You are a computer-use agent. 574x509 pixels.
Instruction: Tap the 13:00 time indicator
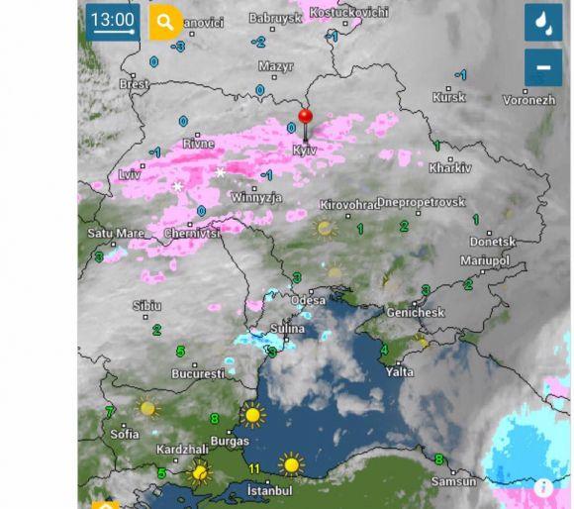pyautogui.click(x=111, y=21)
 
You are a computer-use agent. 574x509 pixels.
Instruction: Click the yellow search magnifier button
pyautogui.click(x=165, y=22)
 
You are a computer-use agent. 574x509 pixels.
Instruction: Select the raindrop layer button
pyautogui.click(x=543, y=22)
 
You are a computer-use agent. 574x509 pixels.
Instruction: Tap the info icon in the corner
pyautogui.click(x=543, y=487)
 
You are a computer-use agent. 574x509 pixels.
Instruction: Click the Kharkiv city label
pyautogui.click(x=450, y=168)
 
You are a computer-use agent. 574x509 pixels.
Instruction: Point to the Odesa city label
pyautogui.click(x=308, y=300)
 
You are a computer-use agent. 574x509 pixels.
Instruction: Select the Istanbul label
pyautogui.click(x=269, y=490)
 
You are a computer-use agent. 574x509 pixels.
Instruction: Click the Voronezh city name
pyautogui.click(x=528, y=100)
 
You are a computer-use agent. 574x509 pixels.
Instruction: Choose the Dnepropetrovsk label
pyautogui.click(x=421, y=202)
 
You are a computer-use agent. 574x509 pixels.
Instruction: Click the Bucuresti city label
pyautogui.click(x=199, y=375)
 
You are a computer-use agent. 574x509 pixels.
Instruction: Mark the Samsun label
pyautogui.click(x=453, y=482)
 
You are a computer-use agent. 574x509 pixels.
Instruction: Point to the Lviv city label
pyautogui.click(x=130, y=174)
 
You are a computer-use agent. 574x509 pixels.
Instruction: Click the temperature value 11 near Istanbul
pyautogui.click(x=254, y=468)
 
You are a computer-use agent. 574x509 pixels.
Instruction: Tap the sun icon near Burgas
pyautogui.click(x=253, y=414)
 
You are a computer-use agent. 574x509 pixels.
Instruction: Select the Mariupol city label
pyautogui.click(x=485, y=260)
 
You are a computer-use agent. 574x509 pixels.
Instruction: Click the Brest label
pyautogui.click(x=134, y=85)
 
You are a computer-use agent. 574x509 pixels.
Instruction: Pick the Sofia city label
pyautogui.click(x=125, y=434)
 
